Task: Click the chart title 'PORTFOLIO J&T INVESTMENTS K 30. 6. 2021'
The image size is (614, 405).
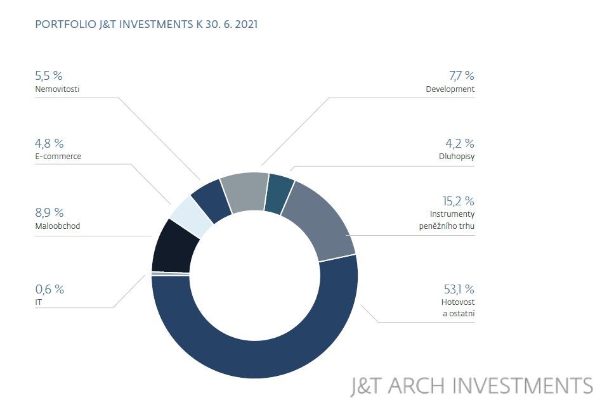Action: coord(147,25)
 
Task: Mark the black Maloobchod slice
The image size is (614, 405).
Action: coord(172,247)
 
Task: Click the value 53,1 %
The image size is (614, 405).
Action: coord(459,290)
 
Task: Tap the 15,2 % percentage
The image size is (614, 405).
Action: coord(459,202)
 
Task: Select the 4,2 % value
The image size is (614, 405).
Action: coord(460,144)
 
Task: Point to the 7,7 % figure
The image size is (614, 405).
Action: coord(461,76)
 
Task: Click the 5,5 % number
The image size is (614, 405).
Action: coord(49,76)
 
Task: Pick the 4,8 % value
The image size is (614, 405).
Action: coord(49,144)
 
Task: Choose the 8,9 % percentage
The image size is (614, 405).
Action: coord(49,213)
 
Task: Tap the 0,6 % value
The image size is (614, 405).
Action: coord(49,290)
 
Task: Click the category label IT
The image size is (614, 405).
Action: coord(38,302)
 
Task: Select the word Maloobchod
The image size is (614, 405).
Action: coord(58,226)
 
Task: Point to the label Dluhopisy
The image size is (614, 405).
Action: coord(456,157)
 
